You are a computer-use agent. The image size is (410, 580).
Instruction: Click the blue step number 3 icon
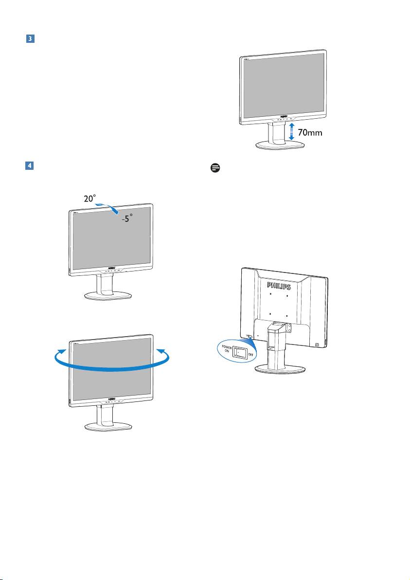point(29,38)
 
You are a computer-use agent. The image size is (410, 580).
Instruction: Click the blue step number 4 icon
point(29,166)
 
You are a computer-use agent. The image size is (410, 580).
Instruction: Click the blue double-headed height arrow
point(291,131)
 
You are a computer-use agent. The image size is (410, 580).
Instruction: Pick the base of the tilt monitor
point(109,296)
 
